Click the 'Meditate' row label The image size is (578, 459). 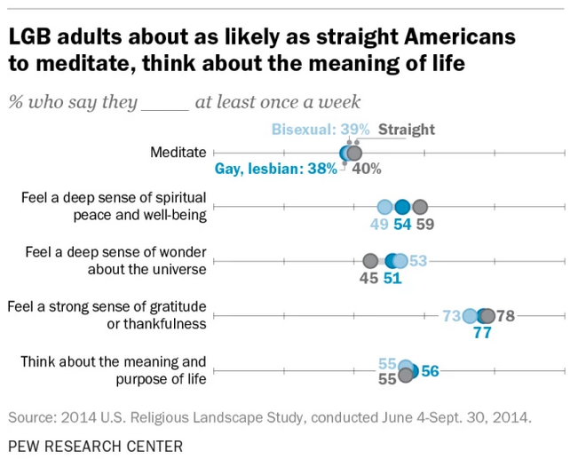coord(178,152)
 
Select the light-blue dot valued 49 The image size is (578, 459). coord(384,207)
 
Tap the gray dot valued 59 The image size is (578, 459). coord(420,207)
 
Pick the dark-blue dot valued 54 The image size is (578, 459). coord(402,207)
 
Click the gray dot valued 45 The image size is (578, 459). coord(370,261)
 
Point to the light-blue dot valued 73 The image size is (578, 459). coord(470,315)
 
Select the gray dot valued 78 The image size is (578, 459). coord(486,315)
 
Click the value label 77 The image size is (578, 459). coord(482,334)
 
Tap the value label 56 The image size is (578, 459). coord(430,371)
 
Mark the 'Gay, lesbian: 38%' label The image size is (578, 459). coord(276,169)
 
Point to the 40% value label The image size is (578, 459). coord(368,169)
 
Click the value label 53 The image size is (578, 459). coord(418,260)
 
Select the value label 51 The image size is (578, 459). coord(392,279)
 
